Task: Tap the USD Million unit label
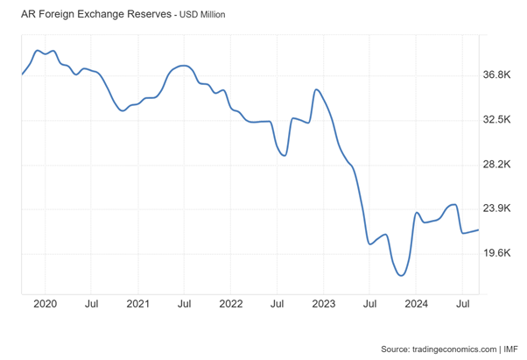click(203, 16)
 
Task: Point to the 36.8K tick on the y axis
click(496, 75)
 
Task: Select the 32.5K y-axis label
click(496, 120)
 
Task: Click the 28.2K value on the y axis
click(496, 165)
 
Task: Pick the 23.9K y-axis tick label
click(496, 208)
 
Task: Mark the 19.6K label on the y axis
click(496, 253)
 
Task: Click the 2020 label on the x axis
click(45, 304)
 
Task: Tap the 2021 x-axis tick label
click(137, 304)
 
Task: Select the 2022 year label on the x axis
click(230, 304)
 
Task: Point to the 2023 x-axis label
click(323, 304)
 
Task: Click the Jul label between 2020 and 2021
click(91, 304)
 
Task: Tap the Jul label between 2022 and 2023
click(277, 304)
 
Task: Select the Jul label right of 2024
click(461, 304)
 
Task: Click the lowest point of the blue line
click(401, 275)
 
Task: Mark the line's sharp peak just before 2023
click(316, 89)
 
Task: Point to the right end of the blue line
click(478, 229)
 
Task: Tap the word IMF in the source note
click(510, 349)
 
